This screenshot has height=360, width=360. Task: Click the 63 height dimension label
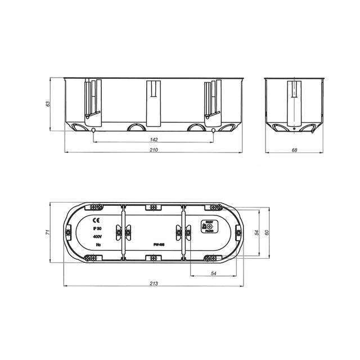(x=48, y=103)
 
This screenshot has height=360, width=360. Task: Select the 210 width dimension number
(x=153, y=150)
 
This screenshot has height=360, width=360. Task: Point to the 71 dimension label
(x=48, y=232)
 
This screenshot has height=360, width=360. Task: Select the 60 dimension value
(x=267, y=232)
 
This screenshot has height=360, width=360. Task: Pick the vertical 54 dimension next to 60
(x=256, y=232)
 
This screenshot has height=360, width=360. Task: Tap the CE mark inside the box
(x=96, y=220)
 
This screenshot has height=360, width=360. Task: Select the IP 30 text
(x=96, y=229)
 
